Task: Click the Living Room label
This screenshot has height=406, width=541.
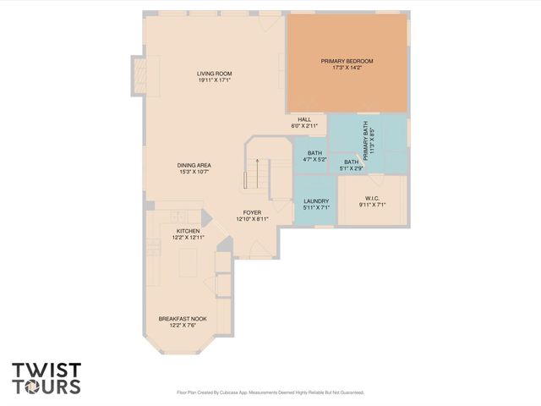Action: (x=215, y=74)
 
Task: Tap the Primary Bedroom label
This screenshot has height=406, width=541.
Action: (x=347, y=61)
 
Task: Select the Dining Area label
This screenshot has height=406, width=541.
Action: (x=194, y=165)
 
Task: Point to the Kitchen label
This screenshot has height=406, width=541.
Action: (x=188, y=230)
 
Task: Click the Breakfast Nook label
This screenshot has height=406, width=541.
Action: (x=182, y=319)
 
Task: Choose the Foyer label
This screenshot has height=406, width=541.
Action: (x=252, y=212)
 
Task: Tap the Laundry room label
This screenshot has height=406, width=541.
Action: (x=316, y=200)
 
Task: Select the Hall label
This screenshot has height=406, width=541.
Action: (x=304, y=119)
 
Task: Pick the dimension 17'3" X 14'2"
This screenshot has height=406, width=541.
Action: (x=347, y=69)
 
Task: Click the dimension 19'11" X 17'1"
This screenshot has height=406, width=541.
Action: (x=215, y=80)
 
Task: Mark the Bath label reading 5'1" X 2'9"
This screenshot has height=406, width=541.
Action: (x=351, y=164)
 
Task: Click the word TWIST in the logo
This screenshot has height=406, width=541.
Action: (x=46, y=370)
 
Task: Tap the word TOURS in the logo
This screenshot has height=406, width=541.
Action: (x=46, y=387)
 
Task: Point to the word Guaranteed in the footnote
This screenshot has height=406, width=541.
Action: (x=347, y=392)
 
